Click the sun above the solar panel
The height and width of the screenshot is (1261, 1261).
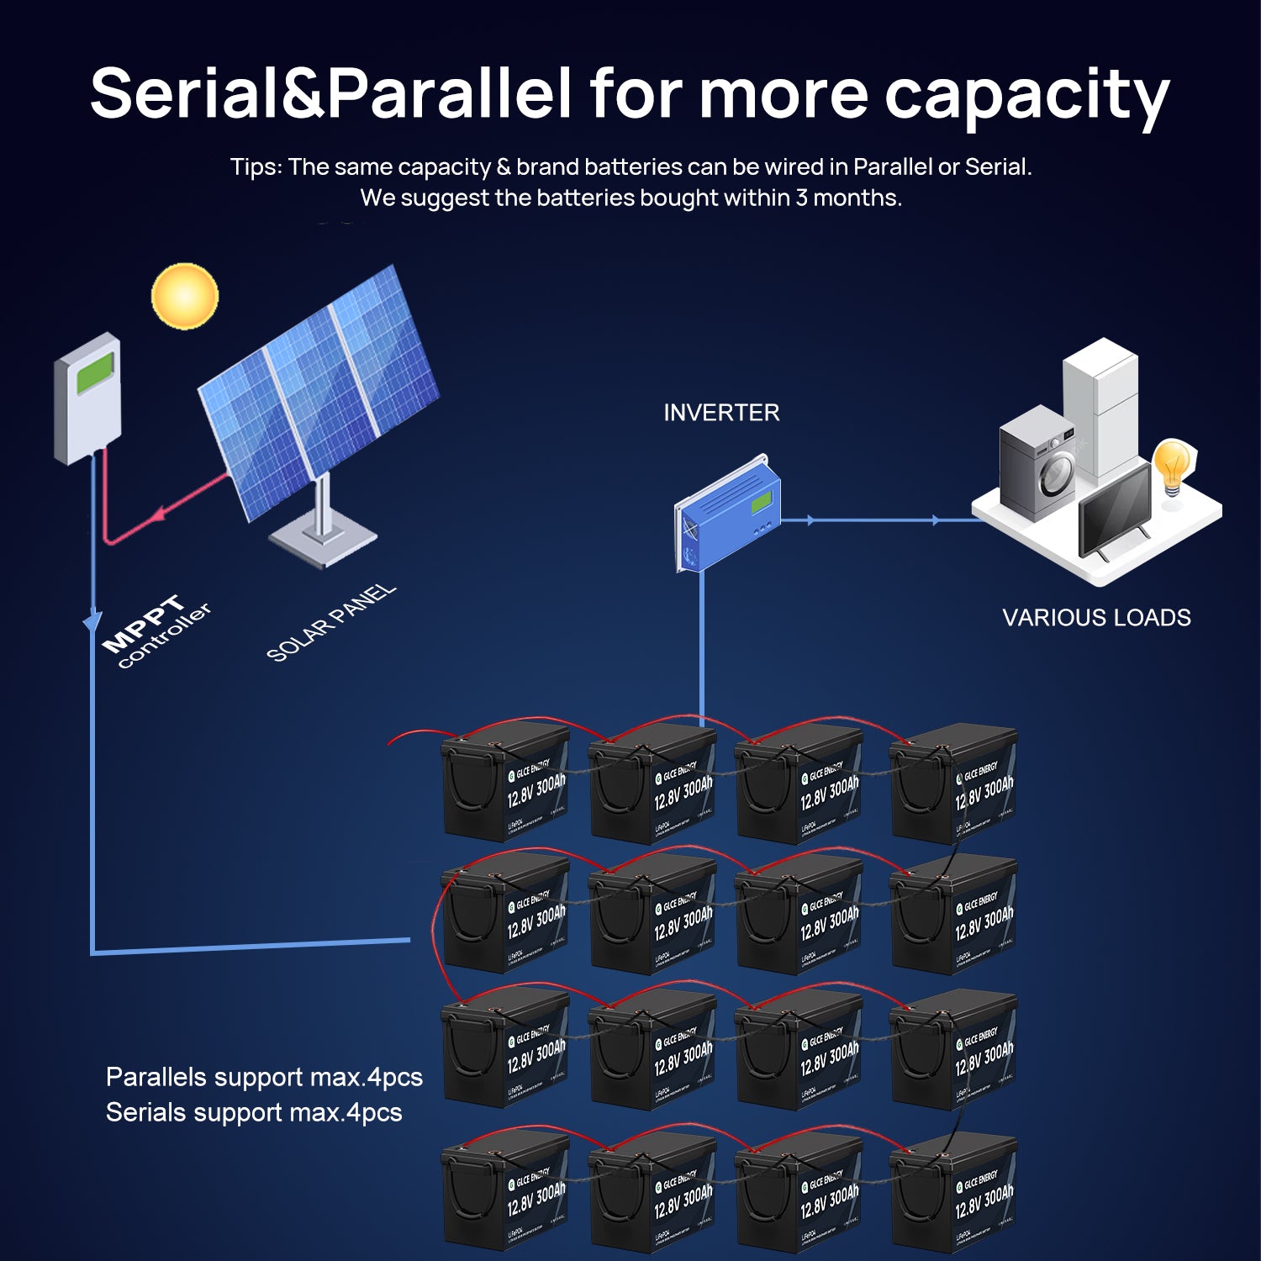[184, 296]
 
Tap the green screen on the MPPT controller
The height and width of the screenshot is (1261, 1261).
[95, 373]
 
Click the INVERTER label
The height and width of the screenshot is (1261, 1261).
[721, 413]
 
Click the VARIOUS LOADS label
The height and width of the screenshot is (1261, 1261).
[1096, 618]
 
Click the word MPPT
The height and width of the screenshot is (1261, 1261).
[142, 623]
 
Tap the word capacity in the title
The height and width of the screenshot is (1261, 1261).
[1026, 94]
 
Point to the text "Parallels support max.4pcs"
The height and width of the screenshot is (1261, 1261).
[264, 1077]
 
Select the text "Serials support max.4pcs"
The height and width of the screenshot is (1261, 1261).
[254, 1112]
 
